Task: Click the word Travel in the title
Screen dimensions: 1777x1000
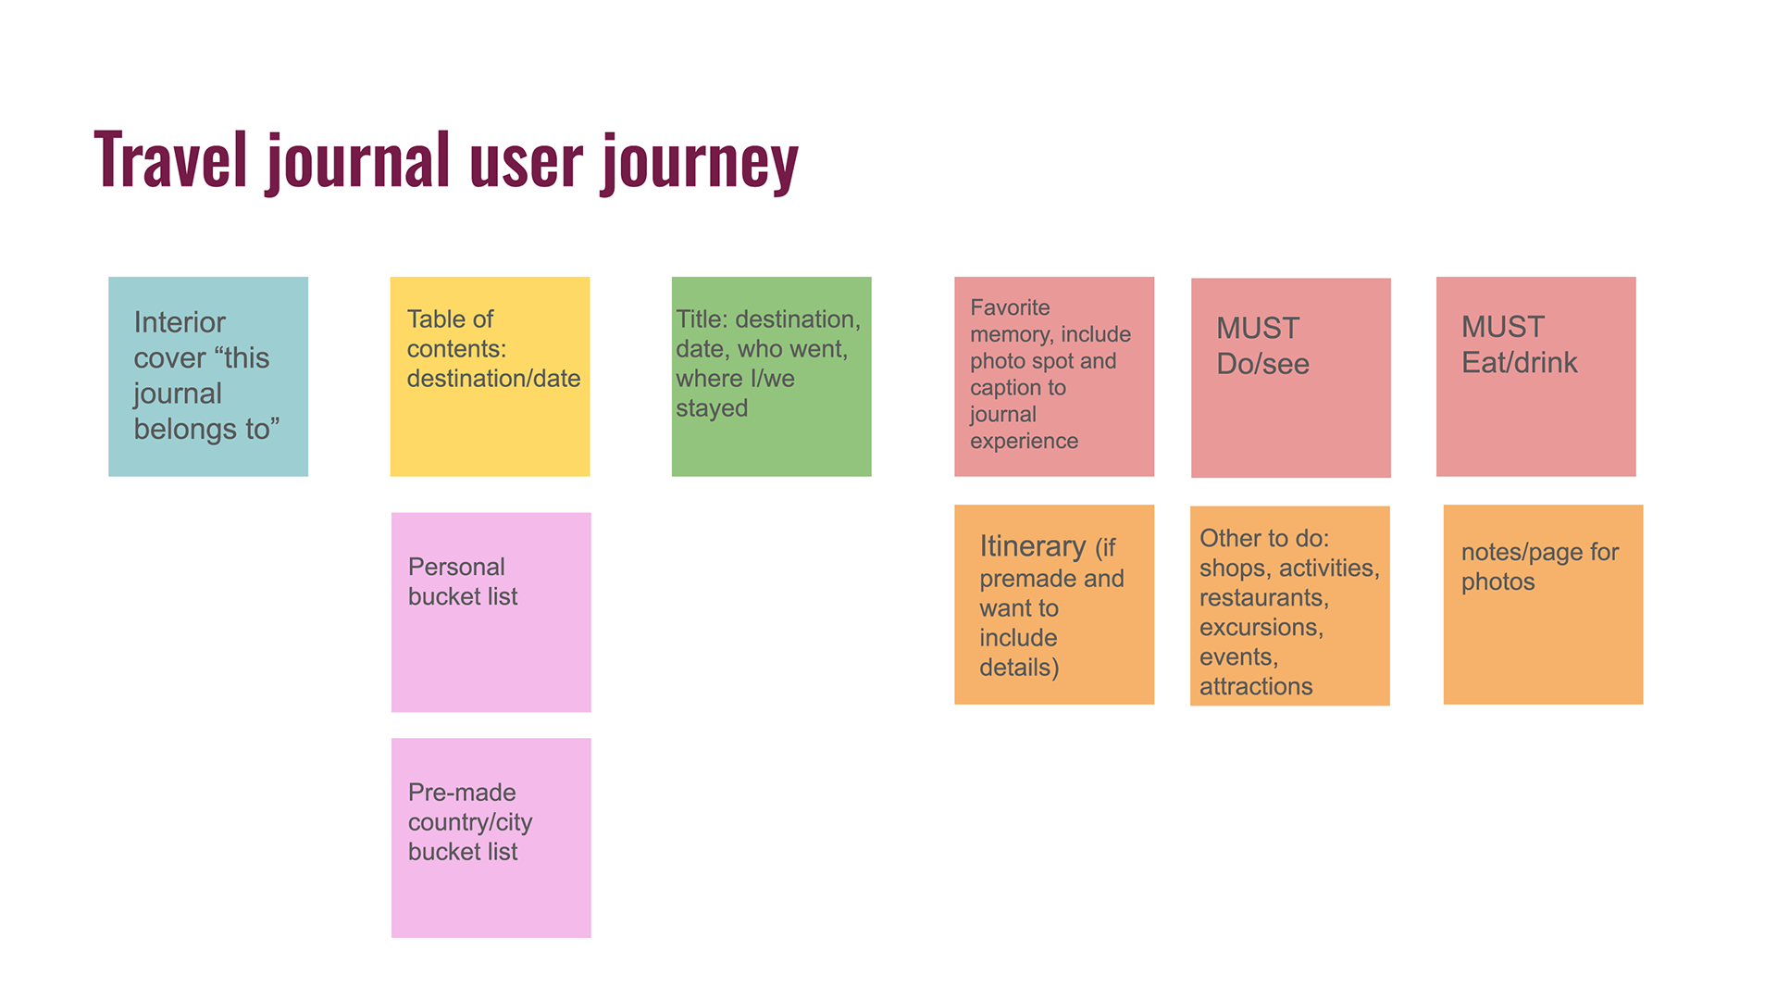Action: point(171,159)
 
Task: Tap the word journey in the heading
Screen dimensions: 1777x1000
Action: point(700,163)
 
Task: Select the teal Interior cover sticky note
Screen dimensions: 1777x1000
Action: point(208,377)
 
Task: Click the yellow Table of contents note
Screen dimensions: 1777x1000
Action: point(490,377)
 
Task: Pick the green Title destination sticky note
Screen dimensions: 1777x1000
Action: point(771,377)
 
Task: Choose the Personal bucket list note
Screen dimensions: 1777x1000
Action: point(491,612)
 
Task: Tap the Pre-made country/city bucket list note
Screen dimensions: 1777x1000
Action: point(491,838)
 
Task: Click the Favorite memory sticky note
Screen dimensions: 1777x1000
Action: point(1054,377)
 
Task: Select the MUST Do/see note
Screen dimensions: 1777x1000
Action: point(1291,378)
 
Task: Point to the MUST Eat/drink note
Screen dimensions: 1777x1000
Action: point(1536,377)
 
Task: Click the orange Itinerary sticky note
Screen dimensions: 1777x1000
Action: point(1054,605)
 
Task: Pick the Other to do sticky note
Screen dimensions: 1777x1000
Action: point(1290,606)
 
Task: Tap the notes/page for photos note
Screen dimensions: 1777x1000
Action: point(1544,605)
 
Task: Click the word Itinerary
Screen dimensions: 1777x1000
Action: point(1033,547)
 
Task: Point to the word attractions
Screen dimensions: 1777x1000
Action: point(1256,686)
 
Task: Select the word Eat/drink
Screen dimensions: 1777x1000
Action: point(1519,363)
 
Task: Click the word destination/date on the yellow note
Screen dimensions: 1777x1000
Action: point(493,379)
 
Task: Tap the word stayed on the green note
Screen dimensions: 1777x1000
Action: point(712,409)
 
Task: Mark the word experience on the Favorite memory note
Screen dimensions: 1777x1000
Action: point(1024,442)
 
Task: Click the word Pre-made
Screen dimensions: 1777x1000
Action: point(462,793)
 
